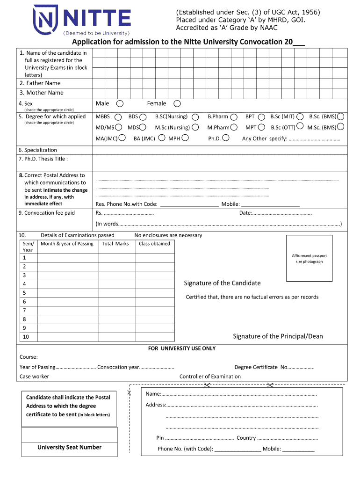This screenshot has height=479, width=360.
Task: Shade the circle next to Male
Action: pyautogui.click(x=120, y=103)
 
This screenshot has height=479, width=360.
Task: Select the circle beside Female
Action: pyautogui.click(x=177, y=103)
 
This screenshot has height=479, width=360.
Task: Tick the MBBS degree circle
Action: pyautogui.click(x=118, y=116)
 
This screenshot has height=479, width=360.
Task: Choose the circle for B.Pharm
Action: pyautogui.click(x=234, y=116)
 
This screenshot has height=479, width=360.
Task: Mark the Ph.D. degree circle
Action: pyautogui.click(x=226, y=138)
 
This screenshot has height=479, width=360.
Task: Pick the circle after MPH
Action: pyautogui.click(x=185, y=138)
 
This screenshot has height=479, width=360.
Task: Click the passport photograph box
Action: pyautogui.click(x=309, y=258)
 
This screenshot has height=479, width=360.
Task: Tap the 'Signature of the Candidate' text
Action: pyautogui.click(x=222, y=283)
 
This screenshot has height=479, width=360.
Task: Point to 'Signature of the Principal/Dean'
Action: pyautogui.click(x=278, y=336)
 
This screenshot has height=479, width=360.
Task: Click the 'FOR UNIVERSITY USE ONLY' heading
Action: pyautogui.click(x=182, y=348)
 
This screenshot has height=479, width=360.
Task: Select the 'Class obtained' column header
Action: pyautogui.click(x=154, y=244)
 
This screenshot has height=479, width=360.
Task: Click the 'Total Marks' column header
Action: pyautogui.click(x=115, y=244)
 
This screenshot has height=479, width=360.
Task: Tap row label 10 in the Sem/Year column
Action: pyautogui.click(x=26, y=337)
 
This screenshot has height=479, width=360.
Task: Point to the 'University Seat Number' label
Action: pyautogui.click(x=69, y=447)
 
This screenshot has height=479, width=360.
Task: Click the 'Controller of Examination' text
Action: pyautogui.click(x=210, y=377)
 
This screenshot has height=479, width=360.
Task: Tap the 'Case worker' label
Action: pyautogui.click(x=34, y=377)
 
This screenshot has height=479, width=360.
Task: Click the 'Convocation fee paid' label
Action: pyautogui.click(x=46, y=213)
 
